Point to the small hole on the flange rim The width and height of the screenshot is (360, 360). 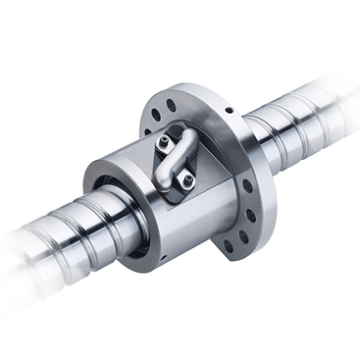pyautogui.click(x=227, y=112)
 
